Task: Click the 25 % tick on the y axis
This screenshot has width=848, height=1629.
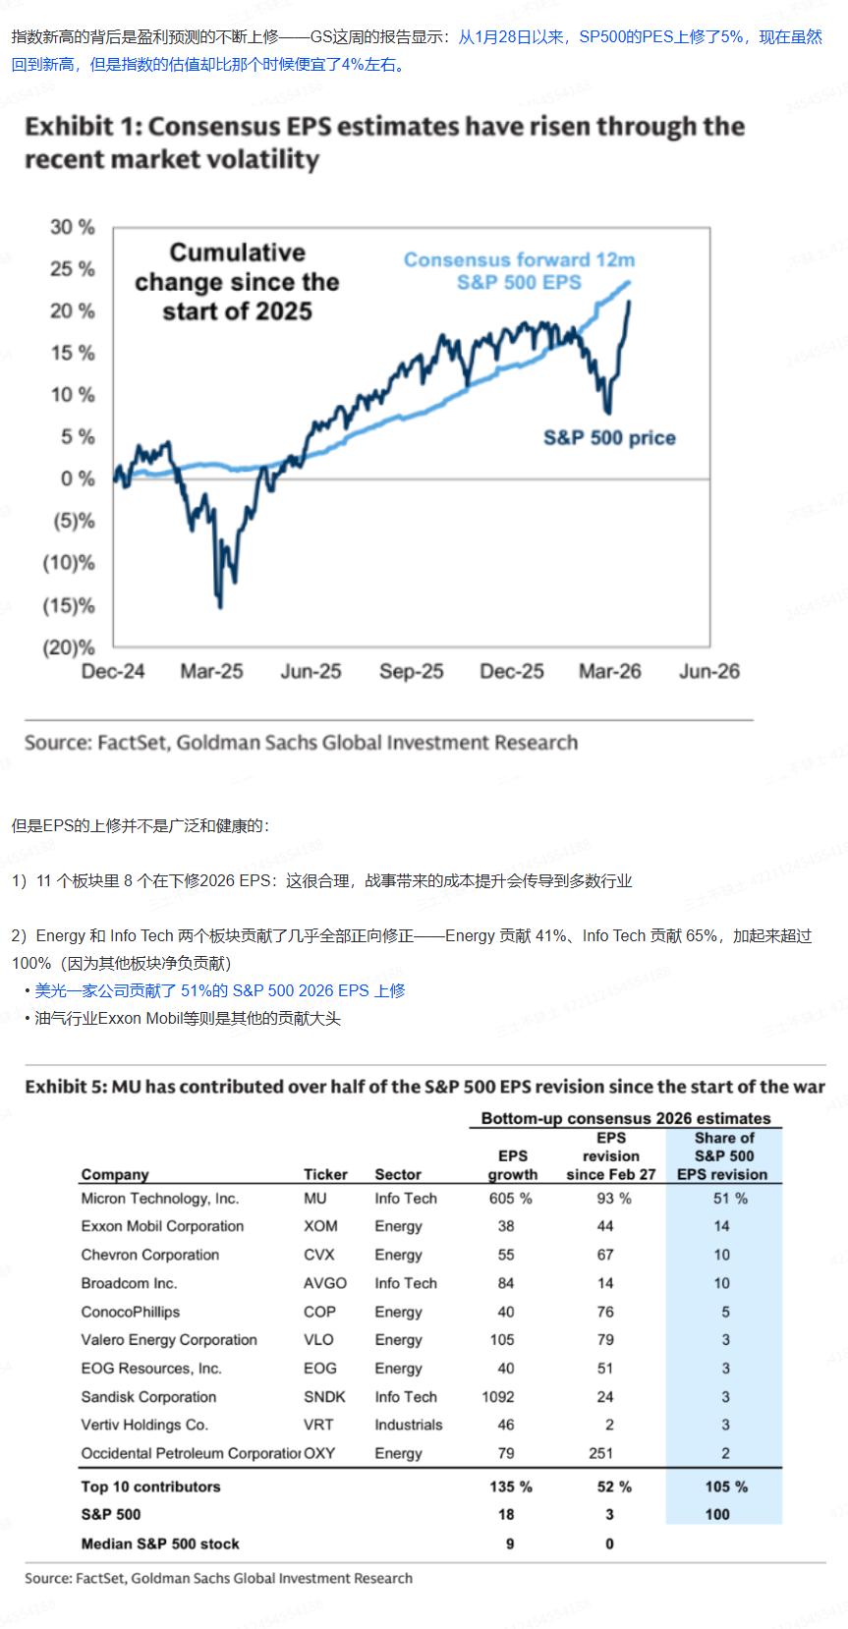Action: coord(73,269)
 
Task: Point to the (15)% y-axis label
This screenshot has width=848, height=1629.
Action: coord(69,605)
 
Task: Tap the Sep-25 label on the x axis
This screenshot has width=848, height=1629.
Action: coord(411,672)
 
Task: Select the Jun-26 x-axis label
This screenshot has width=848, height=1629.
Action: coord(708,672)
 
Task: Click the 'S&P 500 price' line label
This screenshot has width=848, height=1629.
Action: coord(609,438)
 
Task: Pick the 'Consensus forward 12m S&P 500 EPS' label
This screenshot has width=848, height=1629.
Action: coord(519,271)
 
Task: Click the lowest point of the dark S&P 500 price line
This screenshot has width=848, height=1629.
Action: coord(220,606)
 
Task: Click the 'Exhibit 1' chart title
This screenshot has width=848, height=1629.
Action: coord(384,142)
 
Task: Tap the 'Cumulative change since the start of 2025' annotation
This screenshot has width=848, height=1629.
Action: coord(237,282)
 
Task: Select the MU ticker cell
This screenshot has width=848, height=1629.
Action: coord(315,1199)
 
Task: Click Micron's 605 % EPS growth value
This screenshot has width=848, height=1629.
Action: coord(510,1199)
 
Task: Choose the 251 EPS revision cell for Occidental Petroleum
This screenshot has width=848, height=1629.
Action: coord(600,1453)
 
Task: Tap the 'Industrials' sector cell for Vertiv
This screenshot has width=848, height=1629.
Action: coord(408,1425)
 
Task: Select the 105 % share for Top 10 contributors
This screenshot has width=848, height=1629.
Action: coord(725,1487)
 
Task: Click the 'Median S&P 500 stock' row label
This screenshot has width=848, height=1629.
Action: coord(160,1544)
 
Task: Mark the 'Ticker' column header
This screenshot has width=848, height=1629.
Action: coord(325,1174)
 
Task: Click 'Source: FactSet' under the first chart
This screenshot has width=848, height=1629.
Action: coord(301,743)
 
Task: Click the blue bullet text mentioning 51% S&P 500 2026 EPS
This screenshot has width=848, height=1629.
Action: coord(220,990)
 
